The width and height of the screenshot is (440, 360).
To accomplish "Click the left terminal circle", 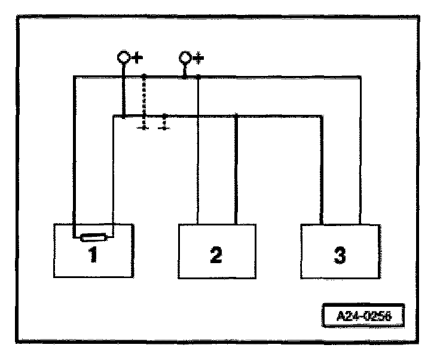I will coord(123,58).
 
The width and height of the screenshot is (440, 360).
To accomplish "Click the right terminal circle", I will coord(185,58).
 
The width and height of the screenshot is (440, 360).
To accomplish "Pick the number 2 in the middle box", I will coord(216,255).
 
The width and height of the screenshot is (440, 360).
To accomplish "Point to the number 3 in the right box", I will coord(339,255).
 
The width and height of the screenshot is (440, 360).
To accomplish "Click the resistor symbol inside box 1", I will coord(94,238).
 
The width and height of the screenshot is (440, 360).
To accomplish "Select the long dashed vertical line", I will coord(144,99).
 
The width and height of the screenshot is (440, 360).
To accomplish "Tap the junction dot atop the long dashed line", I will coord(144,77).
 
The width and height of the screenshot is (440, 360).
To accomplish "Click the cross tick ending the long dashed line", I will coord(144,127).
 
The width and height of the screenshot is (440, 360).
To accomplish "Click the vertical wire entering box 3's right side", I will coord(360,150).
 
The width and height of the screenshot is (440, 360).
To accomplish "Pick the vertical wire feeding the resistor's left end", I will coord(74,155).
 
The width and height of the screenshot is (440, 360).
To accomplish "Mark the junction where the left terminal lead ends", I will coord(123,116).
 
